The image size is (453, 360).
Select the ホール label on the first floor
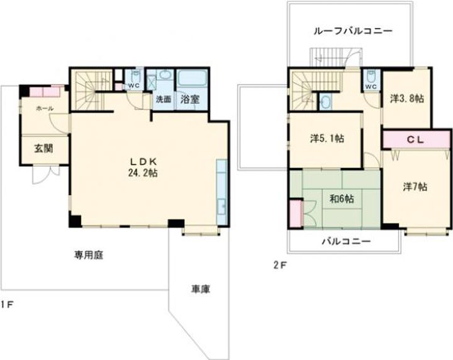tap(44, 108)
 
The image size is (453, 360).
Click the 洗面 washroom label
tap(164, 99)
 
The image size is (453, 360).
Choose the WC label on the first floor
tap(133, 86)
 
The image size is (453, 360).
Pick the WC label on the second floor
tap(371, 86)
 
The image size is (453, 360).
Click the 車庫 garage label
tap(201, 290)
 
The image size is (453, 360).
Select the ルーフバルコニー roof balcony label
tap(353, 30)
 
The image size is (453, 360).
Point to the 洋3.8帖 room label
tap(406, 98)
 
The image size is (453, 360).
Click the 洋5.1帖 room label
tap(325, 138)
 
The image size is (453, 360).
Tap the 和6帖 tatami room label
tap(341, 199)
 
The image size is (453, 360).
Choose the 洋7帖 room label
tap(415, 187)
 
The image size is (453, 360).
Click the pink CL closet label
tap(416, 139)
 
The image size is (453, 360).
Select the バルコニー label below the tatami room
tap(346, 241)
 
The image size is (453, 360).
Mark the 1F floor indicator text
tap(7, 305)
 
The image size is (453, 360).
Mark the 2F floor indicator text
tap(279, 265)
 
